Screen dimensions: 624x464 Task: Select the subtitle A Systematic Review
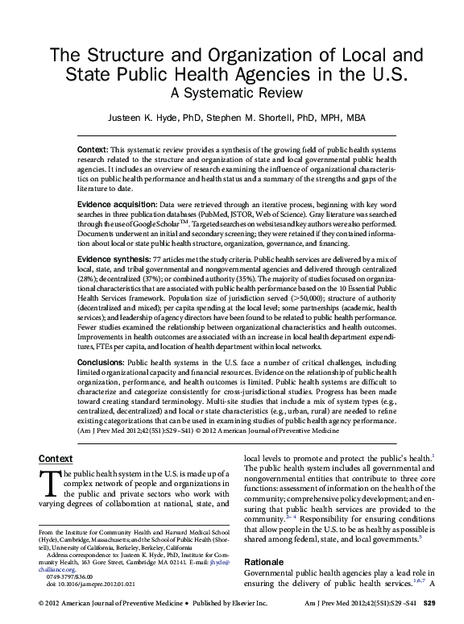pos(231,93)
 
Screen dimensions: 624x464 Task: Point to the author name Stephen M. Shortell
pos(246,118)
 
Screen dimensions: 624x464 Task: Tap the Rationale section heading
pos(265,561)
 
